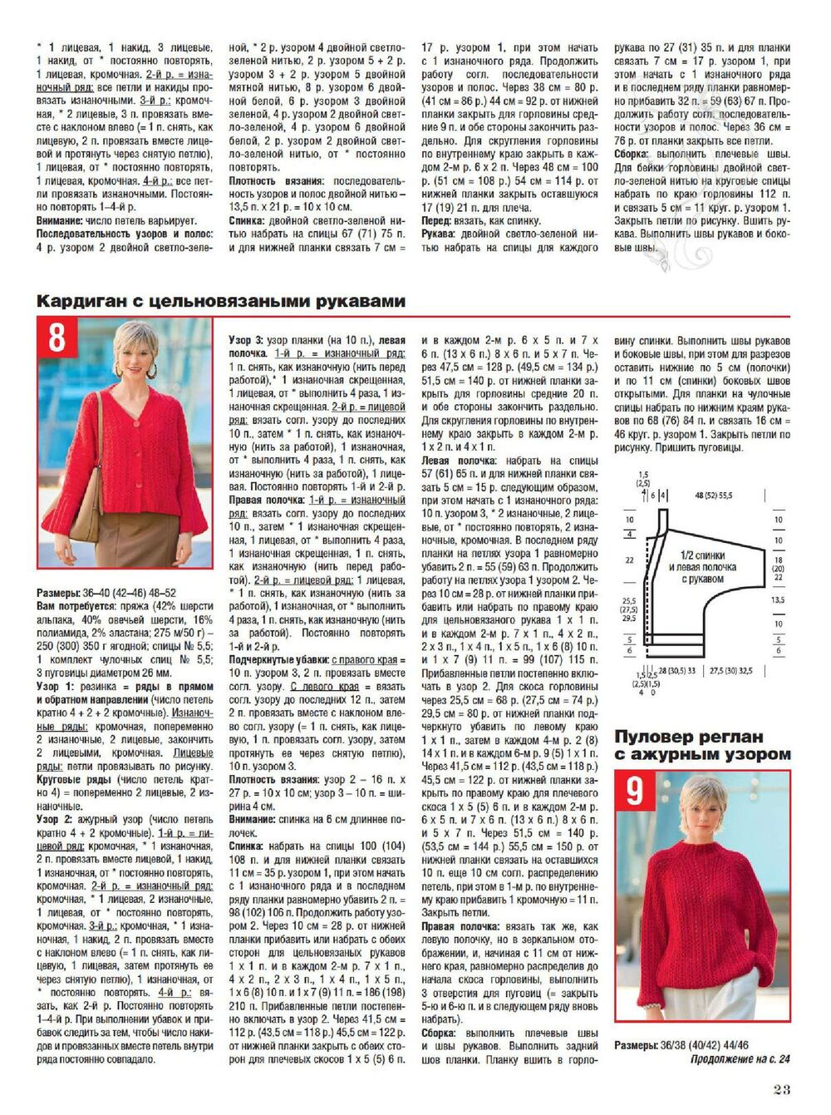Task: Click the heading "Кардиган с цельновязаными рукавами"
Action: (x=220, y=301)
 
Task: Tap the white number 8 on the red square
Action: (x=57, y=339)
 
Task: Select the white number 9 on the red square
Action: (x=635, y=791)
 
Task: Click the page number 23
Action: (x=781, y=1090)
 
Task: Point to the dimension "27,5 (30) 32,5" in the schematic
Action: (x=730, y=669)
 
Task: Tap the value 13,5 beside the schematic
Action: (x=778, y=599)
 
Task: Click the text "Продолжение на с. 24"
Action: (x=740, y=1058)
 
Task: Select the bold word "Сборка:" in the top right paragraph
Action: (x=634, y=155)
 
